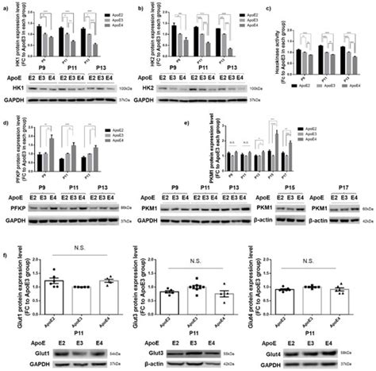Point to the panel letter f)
(6, 256)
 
